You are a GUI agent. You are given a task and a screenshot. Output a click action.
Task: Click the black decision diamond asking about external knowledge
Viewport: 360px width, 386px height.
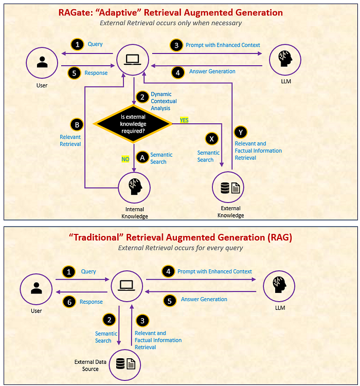tap(133, 124)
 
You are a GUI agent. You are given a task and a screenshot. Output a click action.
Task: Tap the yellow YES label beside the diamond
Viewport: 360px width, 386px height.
tap(184, 120)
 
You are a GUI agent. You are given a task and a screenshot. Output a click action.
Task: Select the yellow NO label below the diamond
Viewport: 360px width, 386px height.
tap(125, 159)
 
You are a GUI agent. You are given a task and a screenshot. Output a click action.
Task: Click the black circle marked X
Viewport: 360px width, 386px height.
tap(211, 138)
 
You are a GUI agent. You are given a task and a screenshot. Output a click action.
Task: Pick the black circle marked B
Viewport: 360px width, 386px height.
tap(77, 124)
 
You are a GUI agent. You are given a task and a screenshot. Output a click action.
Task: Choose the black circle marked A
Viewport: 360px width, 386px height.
tap(142, 156)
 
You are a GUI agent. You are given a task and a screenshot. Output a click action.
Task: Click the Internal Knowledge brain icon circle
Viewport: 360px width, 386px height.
tap(134, 188)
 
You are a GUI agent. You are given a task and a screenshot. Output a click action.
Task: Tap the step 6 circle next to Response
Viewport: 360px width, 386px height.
tap(69, 302)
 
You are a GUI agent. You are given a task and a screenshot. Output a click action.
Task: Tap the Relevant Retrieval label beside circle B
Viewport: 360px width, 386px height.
tap(70, 141)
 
